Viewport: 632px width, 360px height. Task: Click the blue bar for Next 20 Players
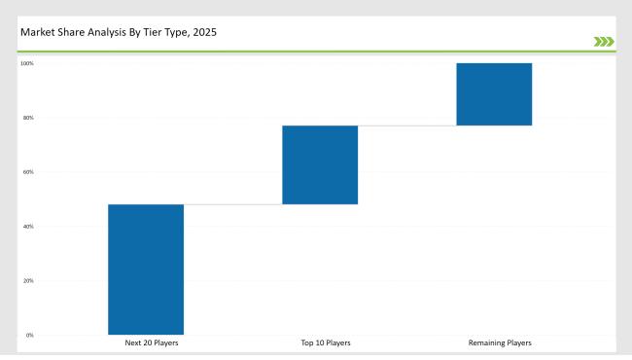[x=146, y=270]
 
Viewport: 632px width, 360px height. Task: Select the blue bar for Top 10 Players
[x=320, y=164]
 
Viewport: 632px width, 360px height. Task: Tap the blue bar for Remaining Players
[x=494, y=94]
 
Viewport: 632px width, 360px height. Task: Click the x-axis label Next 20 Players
[x=152, y=343]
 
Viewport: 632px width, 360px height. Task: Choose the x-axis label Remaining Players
[x=500, y=343]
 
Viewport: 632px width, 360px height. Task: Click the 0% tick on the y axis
[x=29, y=335]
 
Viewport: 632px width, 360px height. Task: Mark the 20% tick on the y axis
[x=28, y=281]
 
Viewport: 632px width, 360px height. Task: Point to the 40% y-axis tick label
[x=28, y=227]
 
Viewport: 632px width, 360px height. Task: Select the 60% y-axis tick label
[x=28, y=172]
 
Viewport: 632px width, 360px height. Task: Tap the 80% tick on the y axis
[x=28, y=118]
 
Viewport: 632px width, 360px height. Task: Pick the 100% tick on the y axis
[x=27, y=64]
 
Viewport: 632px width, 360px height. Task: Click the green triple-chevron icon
[x=603, y=41]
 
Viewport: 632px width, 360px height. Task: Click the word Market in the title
[x=35, y=33]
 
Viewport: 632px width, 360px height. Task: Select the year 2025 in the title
[x=206, y=33]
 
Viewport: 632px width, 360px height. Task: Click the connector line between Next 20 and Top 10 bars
[x=232, y=204]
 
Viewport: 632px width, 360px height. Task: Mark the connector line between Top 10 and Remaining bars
[x=406, y=126]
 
